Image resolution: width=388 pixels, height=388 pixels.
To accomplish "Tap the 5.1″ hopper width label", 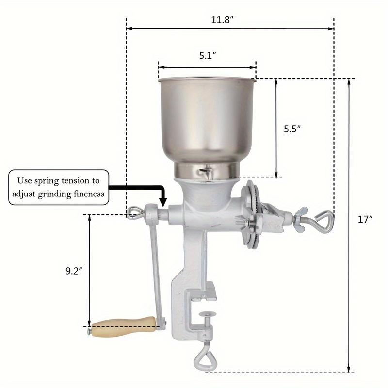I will [208, 56].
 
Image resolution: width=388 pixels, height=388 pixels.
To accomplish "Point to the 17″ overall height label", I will [365, 219].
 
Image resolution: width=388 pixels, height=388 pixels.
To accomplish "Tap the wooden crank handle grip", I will [124, 325].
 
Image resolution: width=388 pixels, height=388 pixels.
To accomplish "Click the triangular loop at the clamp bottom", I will [201, 360].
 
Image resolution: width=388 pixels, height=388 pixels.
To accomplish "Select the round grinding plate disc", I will [251, 213].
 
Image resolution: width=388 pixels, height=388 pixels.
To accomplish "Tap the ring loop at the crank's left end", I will [134, 212].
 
